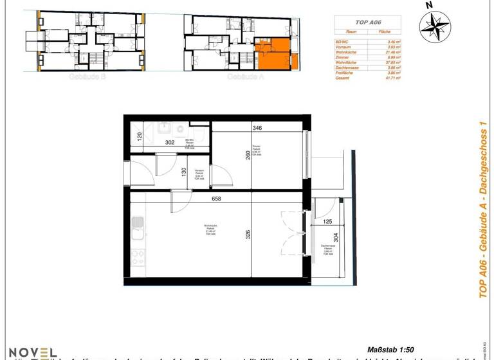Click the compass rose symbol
point(435,26)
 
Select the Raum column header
point(351,30)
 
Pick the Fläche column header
point(385,30)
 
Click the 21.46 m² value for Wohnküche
point(389,51)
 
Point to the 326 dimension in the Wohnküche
point(247,235)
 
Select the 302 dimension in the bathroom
point(171,143)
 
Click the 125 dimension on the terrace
point(328,222)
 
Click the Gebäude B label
point(82,76)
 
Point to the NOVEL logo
point(31,352)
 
